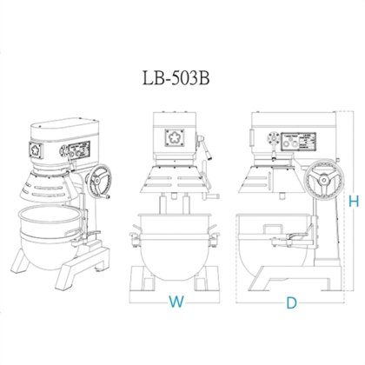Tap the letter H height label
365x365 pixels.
[x=353, y=202]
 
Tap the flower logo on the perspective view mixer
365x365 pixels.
[x=36, y=149]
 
